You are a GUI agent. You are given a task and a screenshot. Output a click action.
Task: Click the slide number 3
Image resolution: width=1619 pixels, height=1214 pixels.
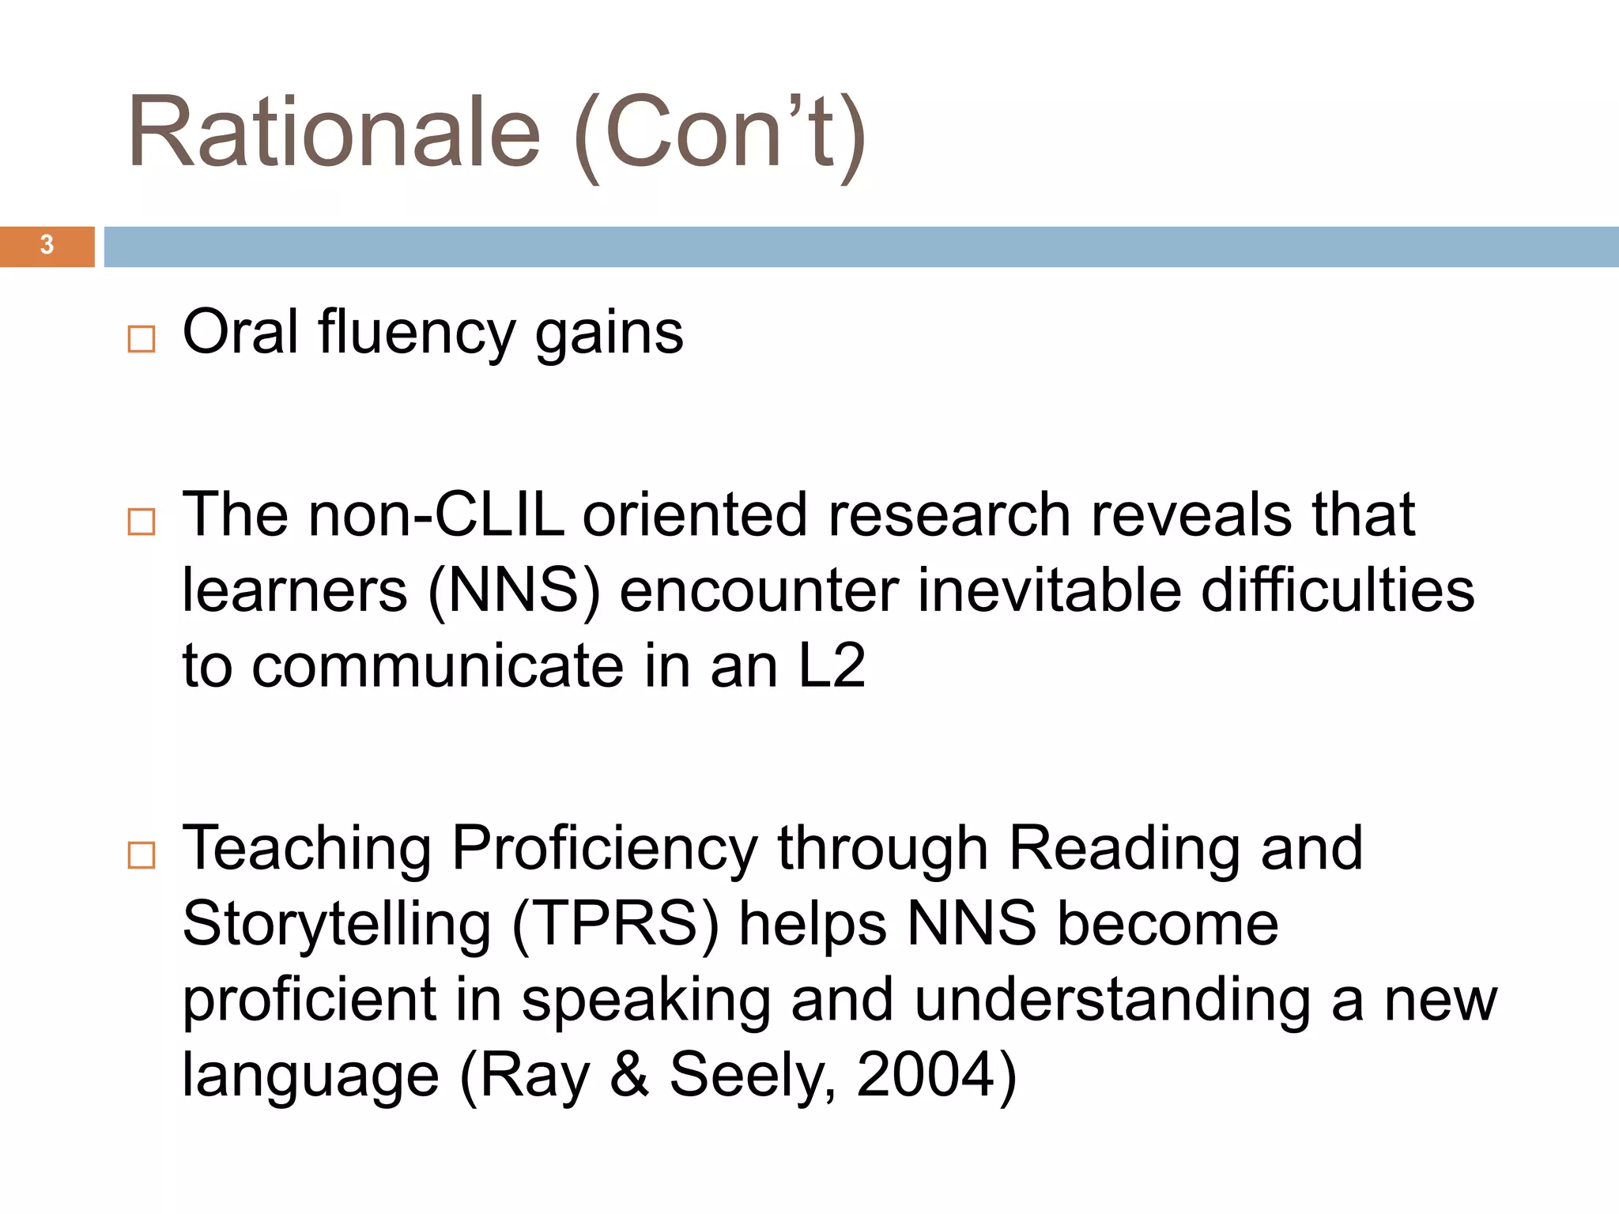coord(47,246)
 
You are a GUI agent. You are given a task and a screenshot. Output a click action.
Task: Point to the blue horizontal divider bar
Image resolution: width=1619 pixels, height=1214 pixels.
coord(860,247)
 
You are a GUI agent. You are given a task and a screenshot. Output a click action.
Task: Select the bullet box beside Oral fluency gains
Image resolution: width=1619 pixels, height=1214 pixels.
coord(142,339)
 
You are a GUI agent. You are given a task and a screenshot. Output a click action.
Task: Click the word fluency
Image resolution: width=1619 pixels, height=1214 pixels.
coord(417,333)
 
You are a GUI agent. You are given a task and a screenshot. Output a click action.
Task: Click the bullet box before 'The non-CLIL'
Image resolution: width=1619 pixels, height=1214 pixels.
coord(142,522)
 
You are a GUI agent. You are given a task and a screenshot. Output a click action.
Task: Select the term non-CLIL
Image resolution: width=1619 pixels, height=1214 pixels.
coord(436,515)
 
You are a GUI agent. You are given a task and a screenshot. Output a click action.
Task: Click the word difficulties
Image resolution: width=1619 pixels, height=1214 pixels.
coord(1338,591)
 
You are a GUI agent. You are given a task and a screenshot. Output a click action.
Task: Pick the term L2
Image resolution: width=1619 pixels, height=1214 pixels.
coord(832,666)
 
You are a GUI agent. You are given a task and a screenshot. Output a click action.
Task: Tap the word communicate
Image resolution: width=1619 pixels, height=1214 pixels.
coord(437,666)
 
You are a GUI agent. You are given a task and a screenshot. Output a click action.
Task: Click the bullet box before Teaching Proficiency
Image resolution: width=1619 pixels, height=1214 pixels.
coord(142,855)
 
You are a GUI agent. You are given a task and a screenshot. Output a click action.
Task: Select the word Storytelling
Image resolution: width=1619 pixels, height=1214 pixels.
coord(337,925)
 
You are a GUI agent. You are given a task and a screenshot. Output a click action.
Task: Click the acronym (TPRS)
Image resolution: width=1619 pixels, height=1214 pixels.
coord(616,925)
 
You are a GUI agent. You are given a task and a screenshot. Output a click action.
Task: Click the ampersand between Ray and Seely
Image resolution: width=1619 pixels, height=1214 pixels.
coord(630,1075)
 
